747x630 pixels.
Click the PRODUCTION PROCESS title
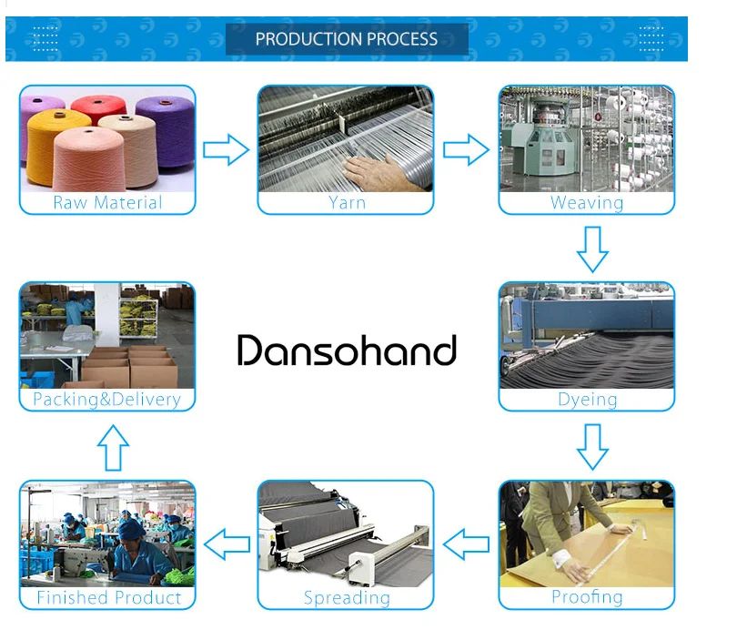click(346, 39)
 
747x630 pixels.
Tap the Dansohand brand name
click(347, 351)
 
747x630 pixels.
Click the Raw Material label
click(107, 203)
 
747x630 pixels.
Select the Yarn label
click(346, 203)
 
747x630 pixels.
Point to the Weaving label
click(587, 203)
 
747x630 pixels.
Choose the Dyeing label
click(587, 400)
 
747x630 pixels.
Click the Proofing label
click(587, 597)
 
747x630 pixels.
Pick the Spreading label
click(346, 598)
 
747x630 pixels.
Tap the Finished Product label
click(108, 598)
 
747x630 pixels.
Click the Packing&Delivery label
click(106, 400)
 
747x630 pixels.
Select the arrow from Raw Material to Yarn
click(226, 149)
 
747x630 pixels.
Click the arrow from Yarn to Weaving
click(466, 149)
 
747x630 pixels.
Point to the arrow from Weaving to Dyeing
click(592, 249)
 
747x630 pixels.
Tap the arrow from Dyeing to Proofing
click(592, 446)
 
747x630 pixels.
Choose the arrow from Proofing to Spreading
click(466, 544)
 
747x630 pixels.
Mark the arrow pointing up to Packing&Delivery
click(113, 448)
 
